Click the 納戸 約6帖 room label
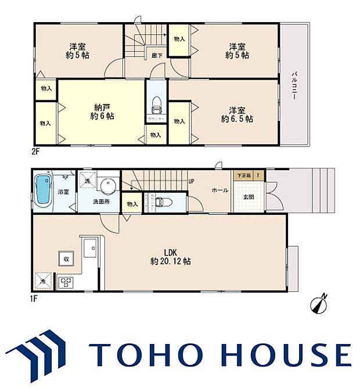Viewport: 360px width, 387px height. pos(103,112)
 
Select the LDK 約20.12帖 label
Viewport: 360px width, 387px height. pos(170,257)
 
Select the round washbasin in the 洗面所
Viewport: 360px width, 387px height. pos(107,186)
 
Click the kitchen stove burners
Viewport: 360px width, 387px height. pos(66,282)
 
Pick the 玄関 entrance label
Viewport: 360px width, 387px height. pos(247,197)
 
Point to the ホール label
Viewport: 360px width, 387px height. pos(219,189)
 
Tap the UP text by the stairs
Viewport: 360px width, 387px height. pos(191,181)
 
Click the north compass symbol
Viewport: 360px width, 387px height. pos(320,303)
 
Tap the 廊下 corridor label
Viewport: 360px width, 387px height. pos(156,56)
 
